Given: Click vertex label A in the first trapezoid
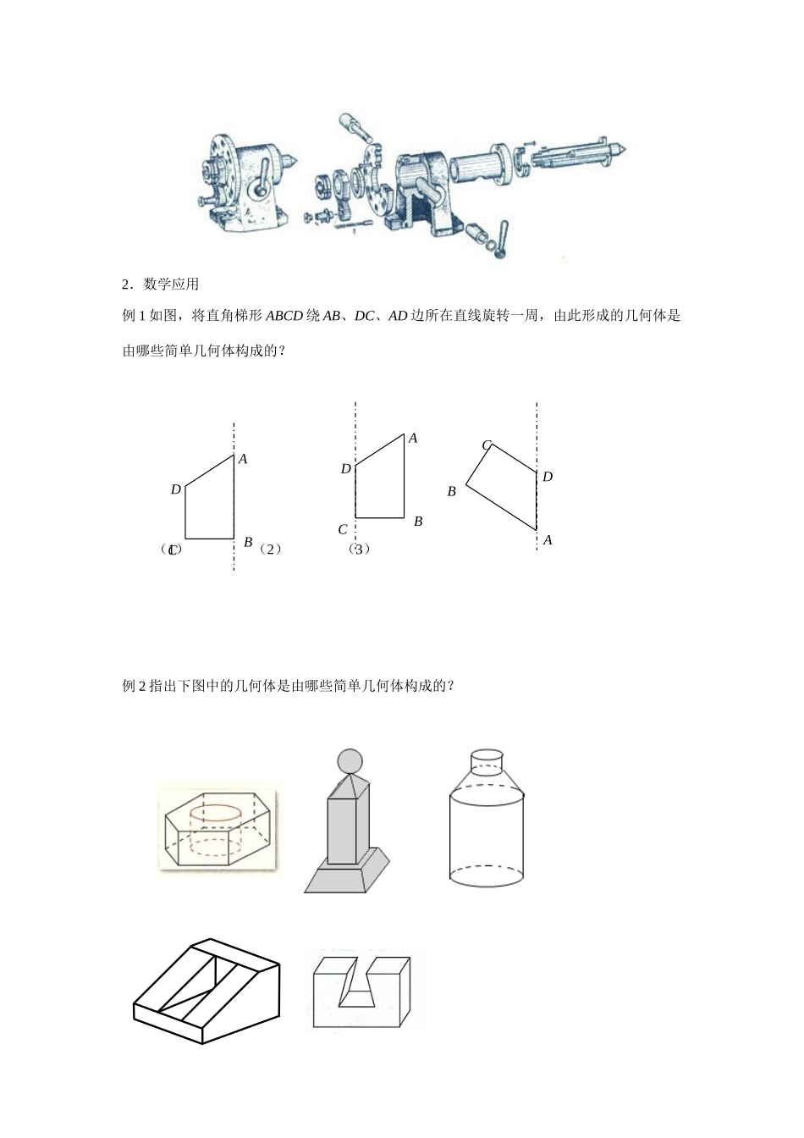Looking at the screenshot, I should click(243, 459).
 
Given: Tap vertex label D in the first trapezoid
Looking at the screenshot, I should click(175, 489).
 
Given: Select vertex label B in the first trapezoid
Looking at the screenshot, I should click(248, 542).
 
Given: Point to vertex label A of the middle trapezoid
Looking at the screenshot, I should click(413, 438).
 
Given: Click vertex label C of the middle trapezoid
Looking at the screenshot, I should click(343, 530).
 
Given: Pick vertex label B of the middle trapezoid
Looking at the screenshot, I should click(418, 522).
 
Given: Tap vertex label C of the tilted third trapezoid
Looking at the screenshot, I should click(487, 445).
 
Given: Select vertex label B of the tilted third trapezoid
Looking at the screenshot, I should click(452, 491).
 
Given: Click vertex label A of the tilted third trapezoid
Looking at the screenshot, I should click(548, 540).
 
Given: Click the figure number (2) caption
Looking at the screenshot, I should click(270, 549).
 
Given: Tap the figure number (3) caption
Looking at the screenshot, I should click(359, 549).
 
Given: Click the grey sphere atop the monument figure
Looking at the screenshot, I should click(350, 761).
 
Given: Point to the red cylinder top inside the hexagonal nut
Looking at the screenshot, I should click(216, 814).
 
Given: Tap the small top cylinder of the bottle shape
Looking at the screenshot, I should click(487, 761).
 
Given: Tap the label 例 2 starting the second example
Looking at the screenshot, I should click(135, 686).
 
